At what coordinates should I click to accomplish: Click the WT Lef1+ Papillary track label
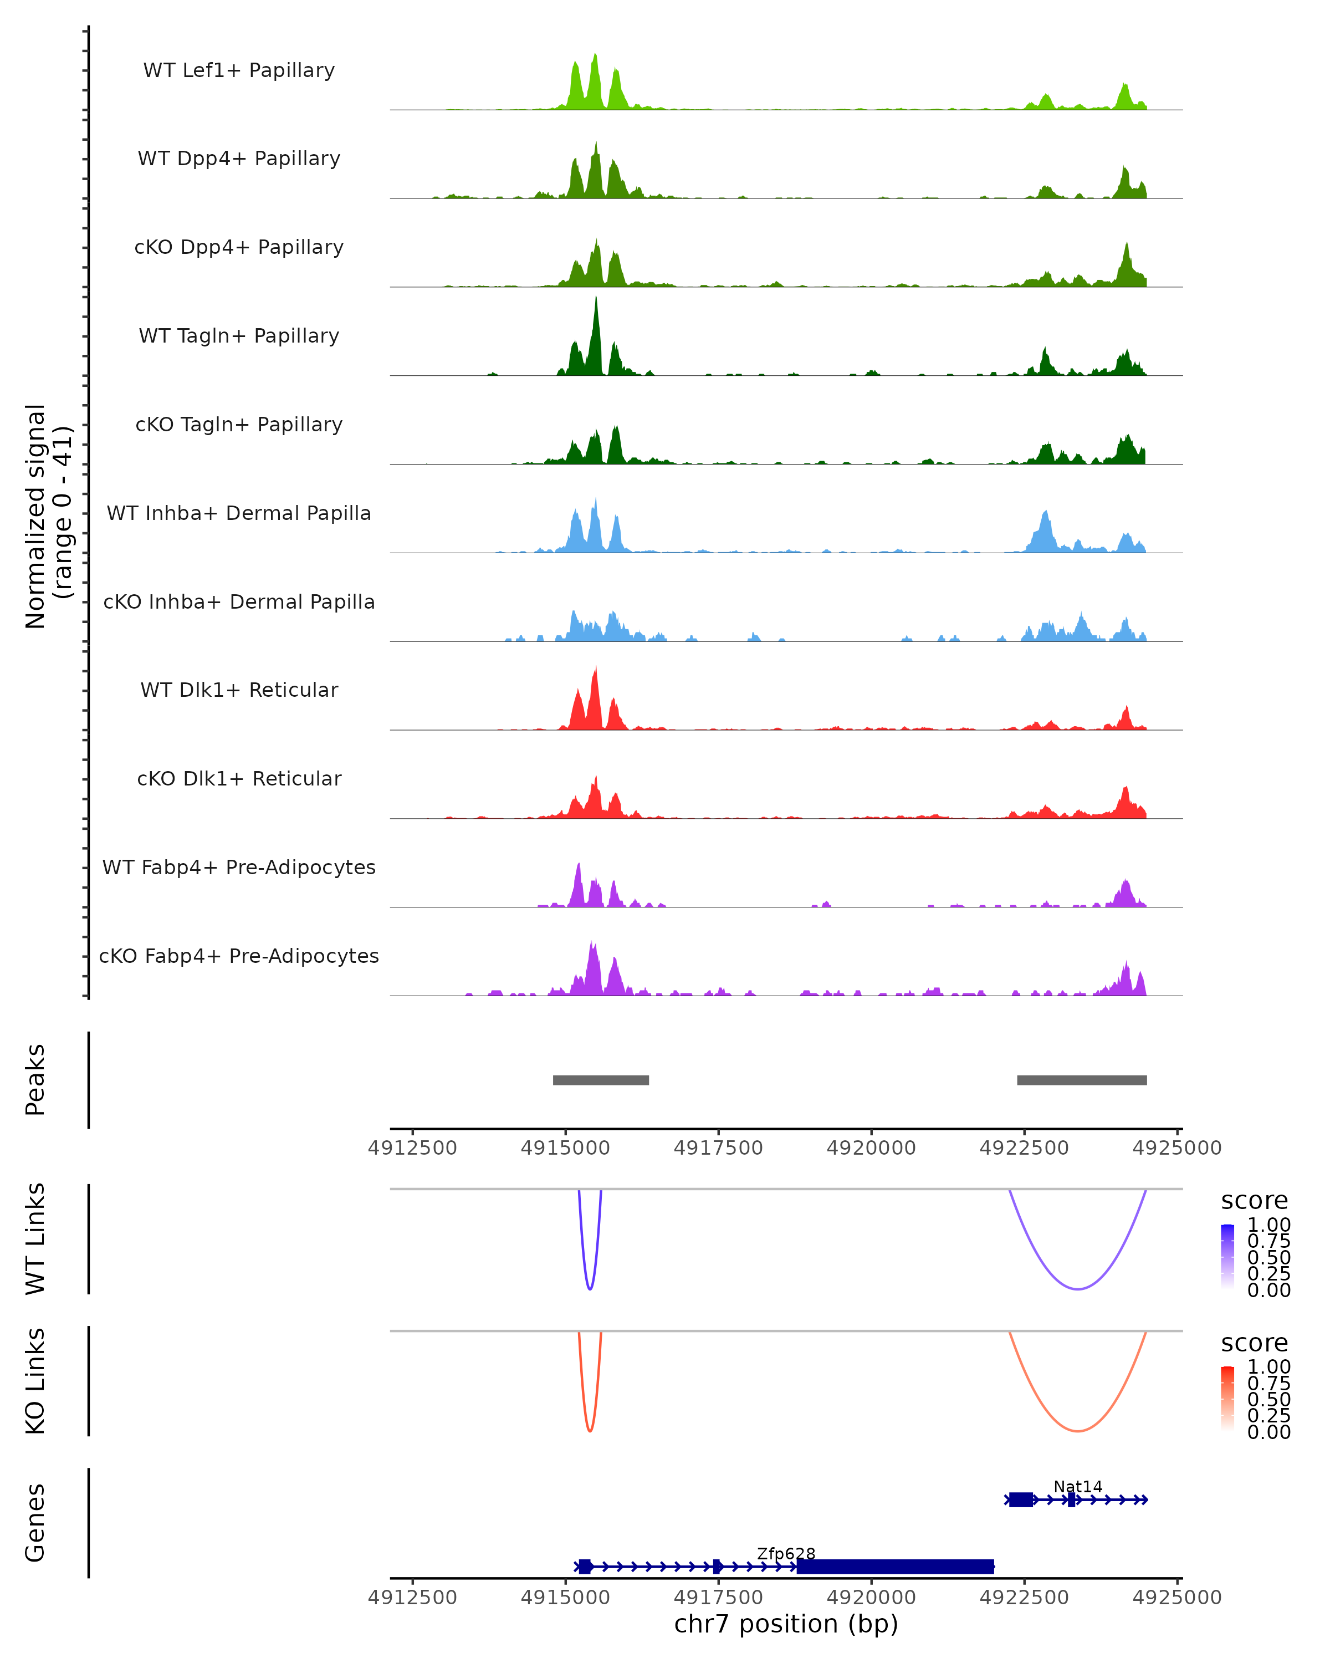(x=239, y=70)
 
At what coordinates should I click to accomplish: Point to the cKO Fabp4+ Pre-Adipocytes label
(x=239, y=956)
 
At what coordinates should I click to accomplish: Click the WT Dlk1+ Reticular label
(x=239, y=690)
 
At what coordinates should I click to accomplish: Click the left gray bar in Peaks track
(x=601, y=1080)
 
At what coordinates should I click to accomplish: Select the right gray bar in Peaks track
(x=1082, y=1080)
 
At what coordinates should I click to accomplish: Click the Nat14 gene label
(x=1078, y=1486)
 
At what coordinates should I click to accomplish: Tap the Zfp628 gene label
(x=786, y=1553)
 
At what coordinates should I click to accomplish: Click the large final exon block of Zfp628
(x=895, y=1566)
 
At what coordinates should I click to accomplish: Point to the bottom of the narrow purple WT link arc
(x=590, y=1289)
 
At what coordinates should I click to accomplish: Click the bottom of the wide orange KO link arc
(x=1078, y=1431)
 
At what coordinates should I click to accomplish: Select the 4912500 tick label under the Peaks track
(x=412, y=1148)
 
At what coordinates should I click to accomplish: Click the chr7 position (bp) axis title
(x=786, y=1624)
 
